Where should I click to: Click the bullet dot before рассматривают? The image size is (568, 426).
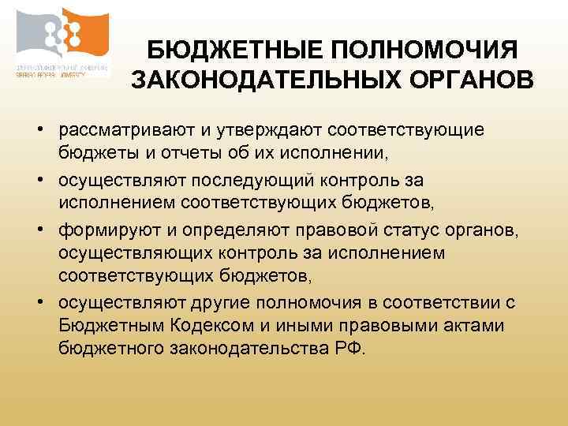click(38, 129)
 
